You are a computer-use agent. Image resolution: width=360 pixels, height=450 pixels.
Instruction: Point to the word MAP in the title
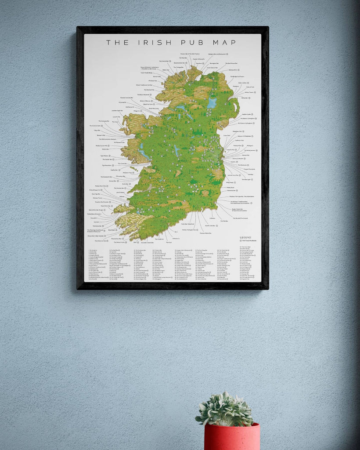pos(226,43)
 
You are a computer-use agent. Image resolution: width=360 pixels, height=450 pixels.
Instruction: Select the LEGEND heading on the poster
pos(245,237)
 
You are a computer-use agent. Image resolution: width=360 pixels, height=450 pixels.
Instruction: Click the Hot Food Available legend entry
pos(249,240)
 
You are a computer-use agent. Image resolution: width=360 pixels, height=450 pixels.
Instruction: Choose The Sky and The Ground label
pos(239,218)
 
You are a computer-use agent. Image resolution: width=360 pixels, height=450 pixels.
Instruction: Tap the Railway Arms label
pos(233,70)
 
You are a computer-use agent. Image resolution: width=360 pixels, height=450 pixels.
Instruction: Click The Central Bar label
pos(164,61)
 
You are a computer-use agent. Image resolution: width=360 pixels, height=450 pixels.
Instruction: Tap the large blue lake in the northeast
pos(212,103)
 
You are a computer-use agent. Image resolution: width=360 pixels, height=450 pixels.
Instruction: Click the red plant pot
pos(231,437)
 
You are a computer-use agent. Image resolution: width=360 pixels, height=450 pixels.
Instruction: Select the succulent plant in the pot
pos(225,410)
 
